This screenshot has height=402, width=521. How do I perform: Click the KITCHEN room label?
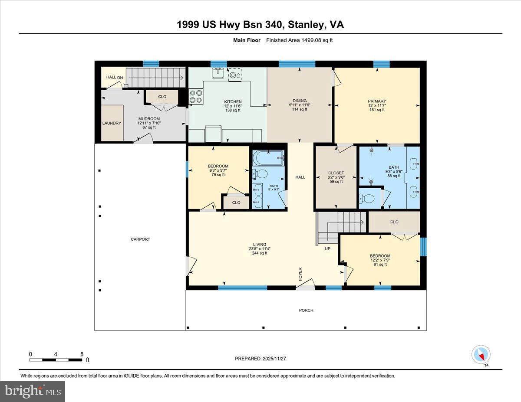(233, 102)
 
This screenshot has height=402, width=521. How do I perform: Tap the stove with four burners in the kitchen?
(196, 96)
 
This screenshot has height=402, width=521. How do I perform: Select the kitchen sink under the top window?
(218, 74)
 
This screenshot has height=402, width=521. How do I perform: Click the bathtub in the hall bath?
(268, 157)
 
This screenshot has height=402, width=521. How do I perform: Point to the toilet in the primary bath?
(368, 199)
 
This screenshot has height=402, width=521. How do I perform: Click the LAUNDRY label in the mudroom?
(112, 123)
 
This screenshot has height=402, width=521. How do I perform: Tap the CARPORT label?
(140, 239)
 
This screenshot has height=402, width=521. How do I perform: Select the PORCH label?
(306, 310)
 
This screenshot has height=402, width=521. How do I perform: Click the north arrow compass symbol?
(481, 355)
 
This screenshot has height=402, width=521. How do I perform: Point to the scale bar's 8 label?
(82, 354)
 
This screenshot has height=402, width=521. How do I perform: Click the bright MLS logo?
(33, 391)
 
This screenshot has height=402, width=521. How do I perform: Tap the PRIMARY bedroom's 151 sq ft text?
(376, 110)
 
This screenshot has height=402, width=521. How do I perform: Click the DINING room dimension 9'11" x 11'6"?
(300, 105)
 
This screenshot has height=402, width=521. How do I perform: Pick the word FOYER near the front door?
(300, 274)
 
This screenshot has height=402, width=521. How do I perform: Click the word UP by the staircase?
(328, 249)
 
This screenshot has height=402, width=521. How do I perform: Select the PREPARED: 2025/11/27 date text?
(260, 359)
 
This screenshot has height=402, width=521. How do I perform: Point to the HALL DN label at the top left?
(111, 77)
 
